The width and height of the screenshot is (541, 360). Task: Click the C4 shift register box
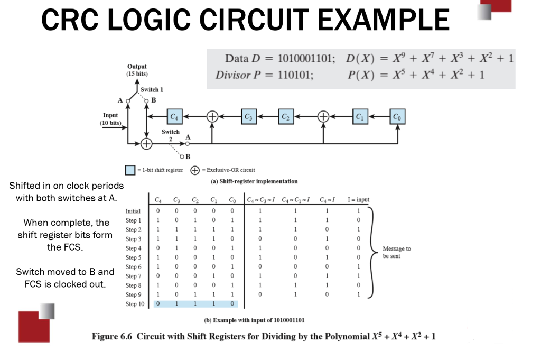coord(174,116)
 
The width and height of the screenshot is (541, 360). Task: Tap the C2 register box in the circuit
coord(285,116)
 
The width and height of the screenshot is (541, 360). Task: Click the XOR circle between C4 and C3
coord(212,116)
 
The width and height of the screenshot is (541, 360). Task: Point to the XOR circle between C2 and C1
coord(323,116)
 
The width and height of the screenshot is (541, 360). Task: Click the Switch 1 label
coord(152,89)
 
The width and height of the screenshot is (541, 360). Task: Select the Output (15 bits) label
coord(137,70)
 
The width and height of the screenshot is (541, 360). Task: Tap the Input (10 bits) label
coord(110,119)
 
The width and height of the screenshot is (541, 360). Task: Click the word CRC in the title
coord(71,20)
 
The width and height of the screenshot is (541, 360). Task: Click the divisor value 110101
coord(295,75)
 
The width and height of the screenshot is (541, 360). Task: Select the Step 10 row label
coord(135,304)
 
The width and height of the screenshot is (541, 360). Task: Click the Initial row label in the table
coord(133,211)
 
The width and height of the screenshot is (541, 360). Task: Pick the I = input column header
coord(358,199)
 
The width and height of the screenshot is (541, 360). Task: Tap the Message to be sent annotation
coord(397,252)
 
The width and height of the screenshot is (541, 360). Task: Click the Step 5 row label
coord(133,257)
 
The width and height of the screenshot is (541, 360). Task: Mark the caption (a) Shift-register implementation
coord(254,181)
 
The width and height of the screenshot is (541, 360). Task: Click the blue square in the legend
coord(130,170)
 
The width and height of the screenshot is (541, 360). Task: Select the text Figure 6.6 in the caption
coord(112,336)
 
